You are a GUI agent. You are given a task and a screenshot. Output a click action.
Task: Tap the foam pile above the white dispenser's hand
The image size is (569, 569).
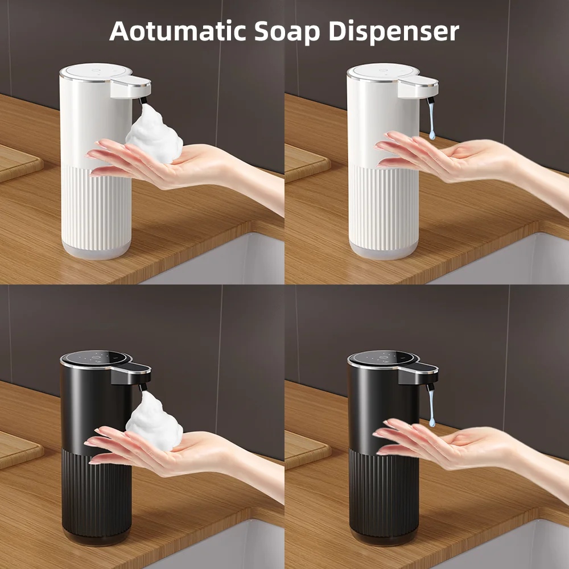point(154,135)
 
